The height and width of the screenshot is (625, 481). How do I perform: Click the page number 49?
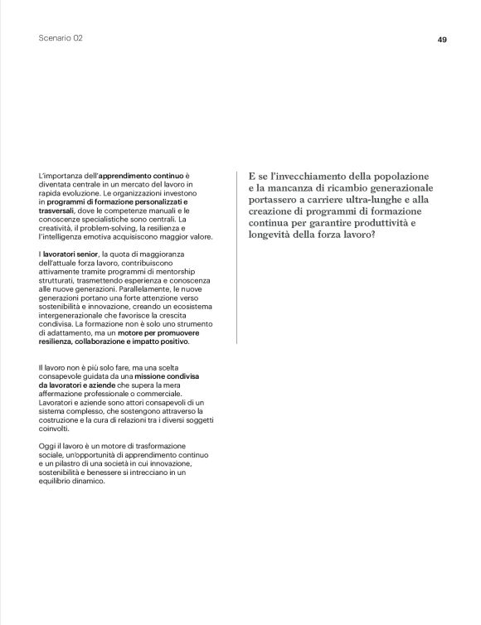point(442,39)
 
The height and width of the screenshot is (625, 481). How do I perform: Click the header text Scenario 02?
point(61,39)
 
